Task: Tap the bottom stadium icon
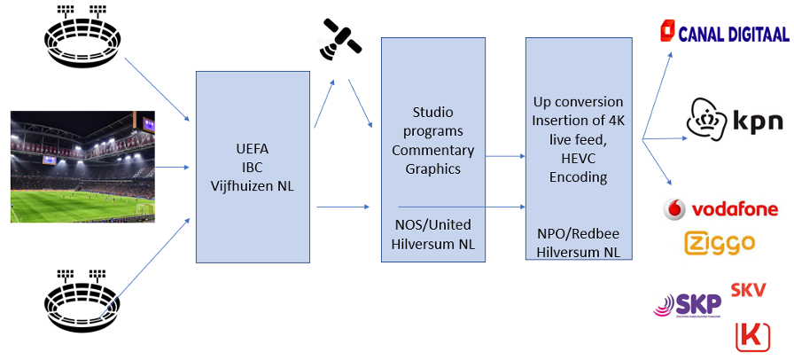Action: [x=82, y=298]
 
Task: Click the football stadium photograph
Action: [x=82, y=166]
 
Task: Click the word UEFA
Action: [x=253, y=149]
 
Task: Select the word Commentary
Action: [x=433, y=150]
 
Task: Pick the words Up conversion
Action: [x=578, y=102]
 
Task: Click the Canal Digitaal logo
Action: [x=724, y=34]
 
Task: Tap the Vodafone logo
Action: [x=721, y=209]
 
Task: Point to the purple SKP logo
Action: [x=688, y=305]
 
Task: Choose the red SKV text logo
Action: [x=748, y=289]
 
